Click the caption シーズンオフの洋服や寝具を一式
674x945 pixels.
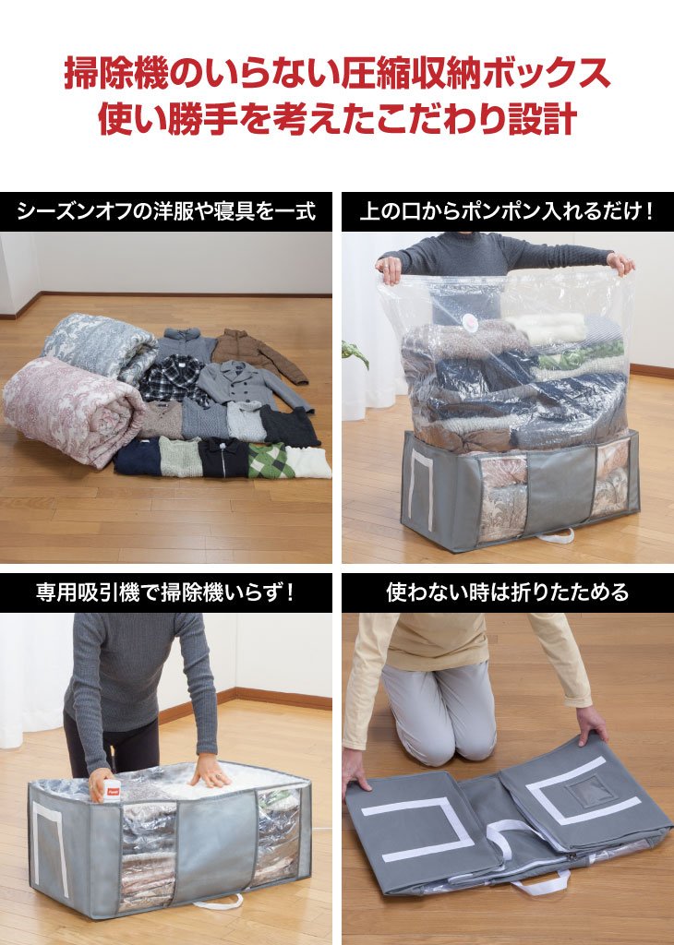(x=166, y=211)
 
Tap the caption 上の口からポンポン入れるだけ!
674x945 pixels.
(x=507, y=211)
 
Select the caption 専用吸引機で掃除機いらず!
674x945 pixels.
(x=166, y=592)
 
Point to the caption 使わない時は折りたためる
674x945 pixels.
(x=508, y=592)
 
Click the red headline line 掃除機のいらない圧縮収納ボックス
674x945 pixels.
(x=338, y=73)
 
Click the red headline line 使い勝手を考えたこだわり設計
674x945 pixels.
(x=338, y=118)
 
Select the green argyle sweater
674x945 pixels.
(x=269, y=461)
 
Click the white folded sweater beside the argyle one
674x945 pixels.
(x=308, y=462)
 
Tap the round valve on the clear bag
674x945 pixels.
(x=470, y=325)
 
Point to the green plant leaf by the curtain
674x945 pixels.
(x=355, y=353)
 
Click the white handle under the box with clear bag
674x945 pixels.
(x=555, y=536)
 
